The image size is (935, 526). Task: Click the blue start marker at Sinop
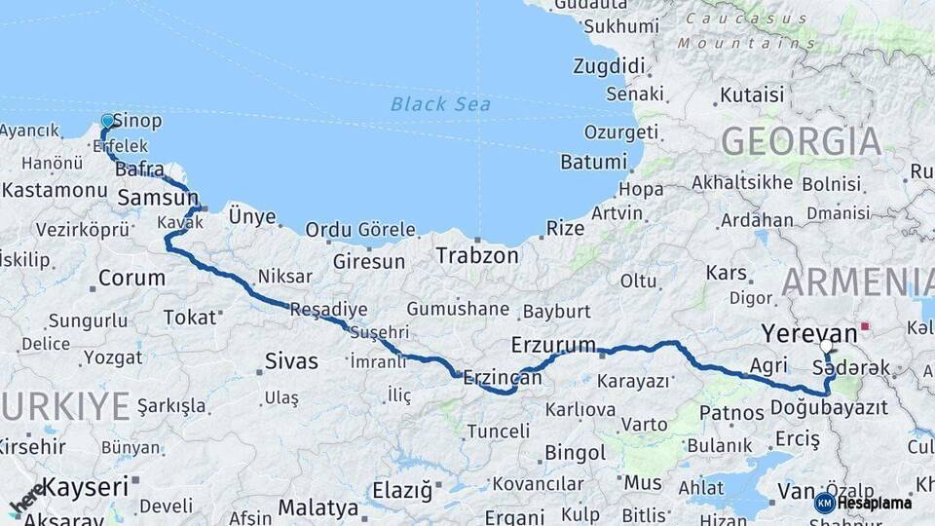coord(107,122)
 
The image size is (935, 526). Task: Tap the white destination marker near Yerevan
coord(826,346)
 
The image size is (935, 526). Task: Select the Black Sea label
coord(440,104)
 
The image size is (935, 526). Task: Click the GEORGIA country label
coord(801,141)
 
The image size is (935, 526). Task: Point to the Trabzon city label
coord(477,256)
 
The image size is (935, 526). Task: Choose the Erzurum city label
coord(553,345)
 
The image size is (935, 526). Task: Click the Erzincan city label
coord(502,377)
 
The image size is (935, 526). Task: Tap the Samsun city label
coord(157,199)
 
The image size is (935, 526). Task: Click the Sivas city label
coord(291,361)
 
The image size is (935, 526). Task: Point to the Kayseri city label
coord(86,486)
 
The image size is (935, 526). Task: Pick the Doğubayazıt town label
coord(828,407)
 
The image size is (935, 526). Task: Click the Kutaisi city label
coord(751,95)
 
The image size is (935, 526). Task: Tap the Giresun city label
coord(368,262)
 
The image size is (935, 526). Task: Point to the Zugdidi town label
coord(610,66)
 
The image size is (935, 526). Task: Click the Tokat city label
coord(189,317)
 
